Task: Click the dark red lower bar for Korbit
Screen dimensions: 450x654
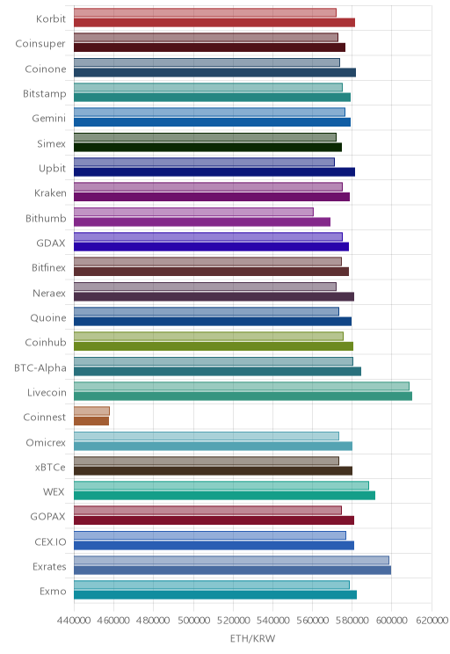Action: click(214, 23)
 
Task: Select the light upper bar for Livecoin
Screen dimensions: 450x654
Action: click(242, 386)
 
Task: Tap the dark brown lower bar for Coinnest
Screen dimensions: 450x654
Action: click(91, 421)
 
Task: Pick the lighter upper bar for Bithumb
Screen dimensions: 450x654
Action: click(193, 212)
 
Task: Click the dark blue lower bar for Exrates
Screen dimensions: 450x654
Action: click(232, 570)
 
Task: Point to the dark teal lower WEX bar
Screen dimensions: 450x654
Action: click(224, 496)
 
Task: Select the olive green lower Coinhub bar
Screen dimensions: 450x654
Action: click(214, 346)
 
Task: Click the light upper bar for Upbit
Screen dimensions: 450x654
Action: click(205, 162)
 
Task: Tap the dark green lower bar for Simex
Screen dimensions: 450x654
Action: click(207, 147)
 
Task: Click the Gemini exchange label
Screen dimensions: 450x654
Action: click(49, 119)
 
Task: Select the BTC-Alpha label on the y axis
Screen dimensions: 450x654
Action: click(40, 367)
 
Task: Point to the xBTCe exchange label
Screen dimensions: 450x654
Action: click(50, 467)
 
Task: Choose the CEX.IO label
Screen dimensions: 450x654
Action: click(50, 541)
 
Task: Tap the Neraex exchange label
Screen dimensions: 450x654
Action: click(49, 294)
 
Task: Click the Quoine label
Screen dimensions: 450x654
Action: click(48, 318)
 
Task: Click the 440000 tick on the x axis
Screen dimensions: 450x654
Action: click(74, 621)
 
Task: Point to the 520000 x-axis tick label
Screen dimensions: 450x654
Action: click(233, 621)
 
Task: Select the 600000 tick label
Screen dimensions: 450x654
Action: click(392, 621)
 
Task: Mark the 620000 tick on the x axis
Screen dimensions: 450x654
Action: click(432, 621)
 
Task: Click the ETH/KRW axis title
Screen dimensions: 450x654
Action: click(253, 638)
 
